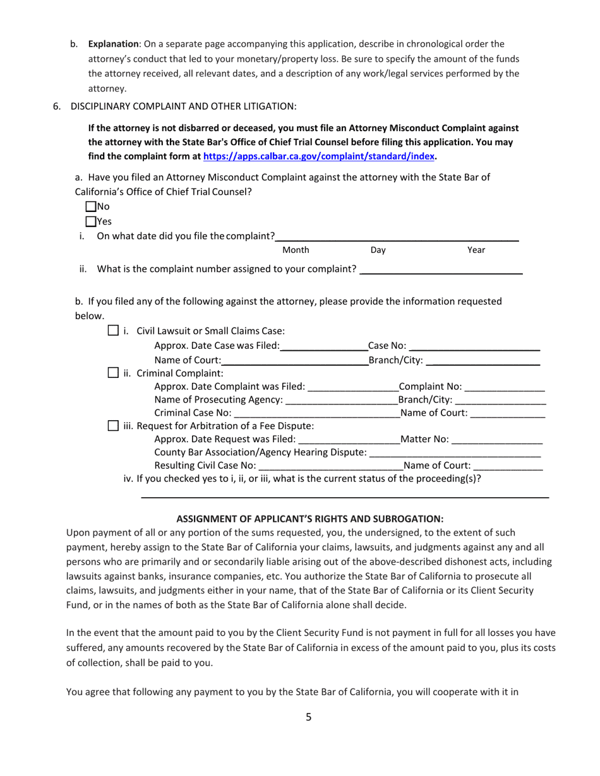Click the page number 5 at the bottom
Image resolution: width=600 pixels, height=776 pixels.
(x=309, y=716)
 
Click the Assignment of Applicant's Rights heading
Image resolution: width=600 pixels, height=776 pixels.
(x=309, y=519)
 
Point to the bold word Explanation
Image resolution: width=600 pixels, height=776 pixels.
(x=114, y=44)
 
